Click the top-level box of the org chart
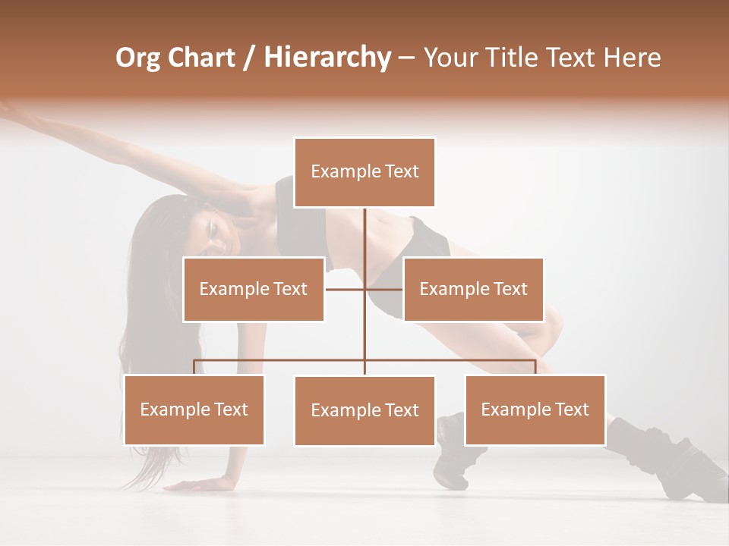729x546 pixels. pos(364,172)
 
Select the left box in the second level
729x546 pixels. pos(254,289)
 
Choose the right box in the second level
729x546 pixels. pos(473,289)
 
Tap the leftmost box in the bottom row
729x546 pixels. pos(194,409)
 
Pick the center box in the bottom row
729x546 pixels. pos(364,410)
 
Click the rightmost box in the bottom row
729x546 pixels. pos(535,409)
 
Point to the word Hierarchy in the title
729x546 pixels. pos(327,58)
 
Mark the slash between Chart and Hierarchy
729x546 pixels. pos(251,58)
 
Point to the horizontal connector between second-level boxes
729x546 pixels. pos(346,289)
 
